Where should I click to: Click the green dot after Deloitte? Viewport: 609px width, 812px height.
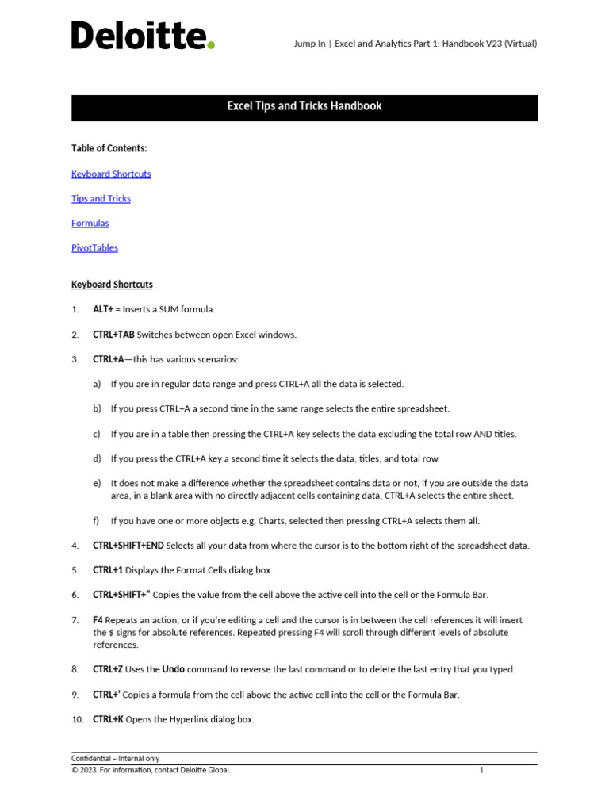(x=211, y=45)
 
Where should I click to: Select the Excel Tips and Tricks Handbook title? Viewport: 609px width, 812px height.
(x=304, y=106)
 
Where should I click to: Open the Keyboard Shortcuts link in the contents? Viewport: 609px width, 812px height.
(x=111, y=174)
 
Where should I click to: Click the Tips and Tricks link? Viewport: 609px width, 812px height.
(x=101, y=198)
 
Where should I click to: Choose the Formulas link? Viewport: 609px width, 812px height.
(x=90, y=223)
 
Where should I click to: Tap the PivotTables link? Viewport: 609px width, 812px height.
(x=94, y=247)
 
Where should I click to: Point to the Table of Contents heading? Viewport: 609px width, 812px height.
(x=109, y=148)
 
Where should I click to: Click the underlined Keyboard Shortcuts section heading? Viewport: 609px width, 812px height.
(x=112, y=284)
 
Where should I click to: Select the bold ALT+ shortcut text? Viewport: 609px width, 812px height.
(x=103, y=309)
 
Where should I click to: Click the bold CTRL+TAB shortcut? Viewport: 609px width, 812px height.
(x=113, y=335)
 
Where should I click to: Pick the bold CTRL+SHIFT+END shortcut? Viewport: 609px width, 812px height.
(x=128, y=546)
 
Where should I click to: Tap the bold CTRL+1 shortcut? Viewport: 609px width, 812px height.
(x=108, y=570)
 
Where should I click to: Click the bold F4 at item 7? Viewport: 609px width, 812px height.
(x=98, y=620)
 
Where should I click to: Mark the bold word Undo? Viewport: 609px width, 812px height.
(x=174, y=669)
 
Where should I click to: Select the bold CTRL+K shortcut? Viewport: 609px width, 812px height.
(x=108, y=720)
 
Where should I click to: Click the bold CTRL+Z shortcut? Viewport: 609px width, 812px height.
(x=108, y=669)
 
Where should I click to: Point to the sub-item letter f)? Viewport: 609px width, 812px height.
(x=97, y=521)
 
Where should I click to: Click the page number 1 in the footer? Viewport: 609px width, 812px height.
(x=481, y=770)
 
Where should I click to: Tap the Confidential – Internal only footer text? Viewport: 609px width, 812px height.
(x=115, y=759)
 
